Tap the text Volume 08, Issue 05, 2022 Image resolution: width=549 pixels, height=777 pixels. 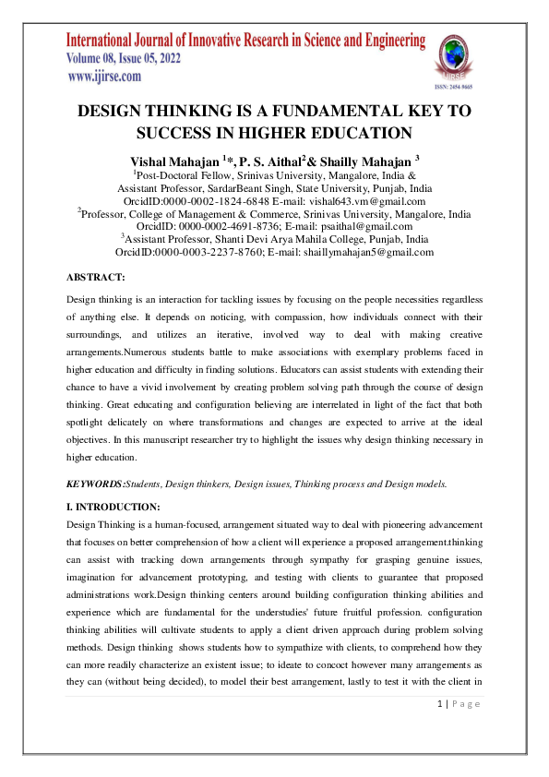124,58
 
